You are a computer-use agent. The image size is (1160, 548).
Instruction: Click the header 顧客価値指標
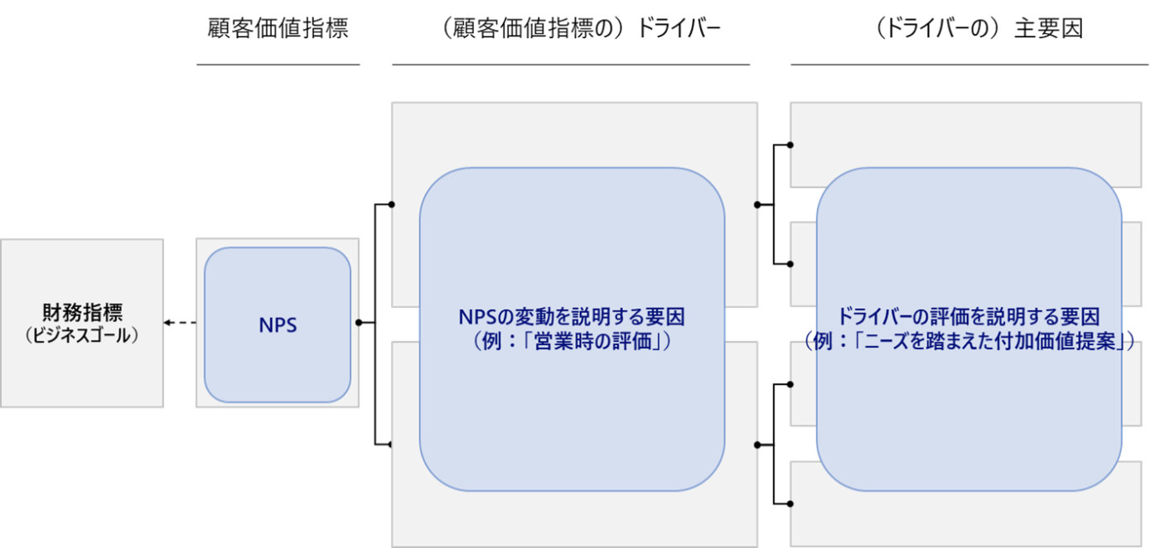click(278, 29)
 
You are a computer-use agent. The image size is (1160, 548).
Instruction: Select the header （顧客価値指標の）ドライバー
click(570, 29)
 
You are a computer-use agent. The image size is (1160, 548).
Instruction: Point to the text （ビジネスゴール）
click(82, 336)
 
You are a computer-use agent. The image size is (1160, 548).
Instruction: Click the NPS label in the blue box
click(278, 325)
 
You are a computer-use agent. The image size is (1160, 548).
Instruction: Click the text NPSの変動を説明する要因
click(572, 316)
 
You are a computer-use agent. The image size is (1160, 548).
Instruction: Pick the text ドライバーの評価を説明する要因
click(969, 316)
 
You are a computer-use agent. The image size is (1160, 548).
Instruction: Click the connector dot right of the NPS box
click(358, 323)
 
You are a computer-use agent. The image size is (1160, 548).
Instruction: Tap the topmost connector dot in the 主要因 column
click(790, 145)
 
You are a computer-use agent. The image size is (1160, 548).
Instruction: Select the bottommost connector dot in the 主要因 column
click(790, 503)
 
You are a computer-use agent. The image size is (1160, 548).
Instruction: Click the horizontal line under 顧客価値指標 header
click(278, 64)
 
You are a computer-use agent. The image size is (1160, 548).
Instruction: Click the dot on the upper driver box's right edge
click(757, 204)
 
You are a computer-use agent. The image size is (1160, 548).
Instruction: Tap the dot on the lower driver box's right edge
click(757, 445)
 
